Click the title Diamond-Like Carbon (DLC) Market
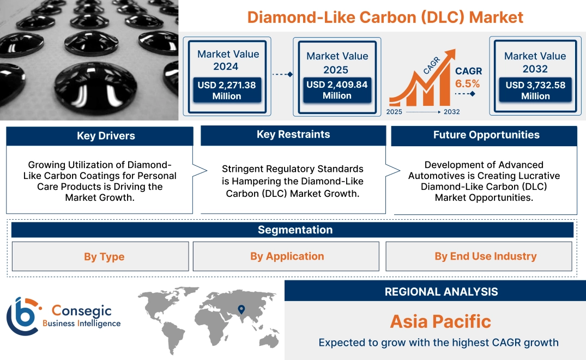pos(385,17)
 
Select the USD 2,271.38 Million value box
pos(226,91)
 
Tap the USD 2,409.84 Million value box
pos(336,90)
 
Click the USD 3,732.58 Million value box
pos(535,91)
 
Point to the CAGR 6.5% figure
pos(468,77)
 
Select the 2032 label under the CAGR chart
pos(451,112)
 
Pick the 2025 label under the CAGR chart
pos(395,112)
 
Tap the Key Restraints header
pos(293,135)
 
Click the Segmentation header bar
pos(295,230)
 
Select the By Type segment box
pos(104,256)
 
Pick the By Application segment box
pos(287,256)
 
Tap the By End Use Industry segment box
pos(485,256)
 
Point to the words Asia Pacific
pos(440,321)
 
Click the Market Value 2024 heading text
pos(228,60)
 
